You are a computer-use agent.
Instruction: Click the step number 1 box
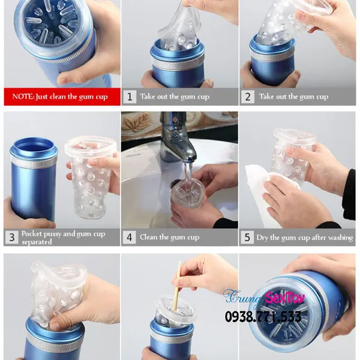(130, 97)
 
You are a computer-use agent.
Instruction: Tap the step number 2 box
(247, 97)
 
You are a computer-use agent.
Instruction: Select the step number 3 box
(12, 238)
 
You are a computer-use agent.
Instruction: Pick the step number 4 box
(130, 238)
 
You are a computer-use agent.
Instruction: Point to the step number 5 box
(247, 238)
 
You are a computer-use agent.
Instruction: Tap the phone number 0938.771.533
(263, 316)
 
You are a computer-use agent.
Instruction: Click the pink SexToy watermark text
(285, 298)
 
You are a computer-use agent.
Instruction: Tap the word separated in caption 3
(37, 242)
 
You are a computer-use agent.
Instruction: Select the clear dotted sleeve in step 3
(90, 177)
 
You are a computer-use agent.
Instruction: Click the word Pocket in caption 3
(32, 234)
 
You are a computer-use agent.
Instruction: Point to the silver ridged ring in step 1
(178, 64)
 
